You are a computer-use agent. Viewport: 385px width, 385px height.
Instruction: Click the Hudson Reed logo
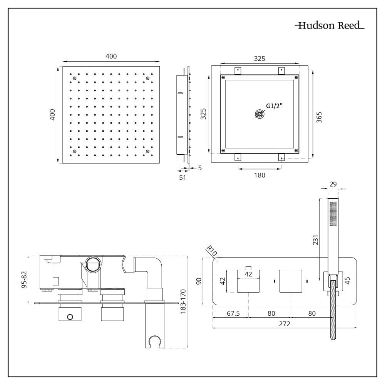(330, 26)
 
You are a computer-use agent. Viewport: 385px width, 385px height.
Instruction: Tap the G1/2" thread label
(274, 107)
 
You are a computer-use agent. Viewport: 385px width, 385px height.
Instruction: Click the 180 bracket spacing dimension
(260, 175)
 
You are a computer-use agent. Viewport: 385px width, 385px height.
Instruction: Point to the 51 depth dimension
(182, 177)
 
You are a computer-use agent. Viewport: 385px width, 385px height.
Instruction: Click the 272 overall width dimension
(284, 324)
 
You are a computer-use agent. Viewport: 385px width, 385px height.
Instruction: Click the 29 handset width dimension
(333, 184)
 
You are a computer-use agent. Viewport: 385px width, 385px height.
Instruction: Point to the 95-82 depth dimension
(24, 279)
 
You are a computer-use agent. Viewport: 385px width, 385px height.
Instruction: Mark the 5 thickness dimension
(199, 168)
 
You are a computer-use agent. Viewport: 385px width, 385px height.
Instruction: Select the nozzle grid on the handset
(333, 214)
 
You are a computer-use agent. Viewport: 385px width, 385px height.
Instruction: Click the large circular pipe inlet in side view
(92, 264)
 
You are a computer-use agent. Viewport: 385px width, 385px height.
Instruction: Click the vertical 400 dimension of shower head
(53, 114)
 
